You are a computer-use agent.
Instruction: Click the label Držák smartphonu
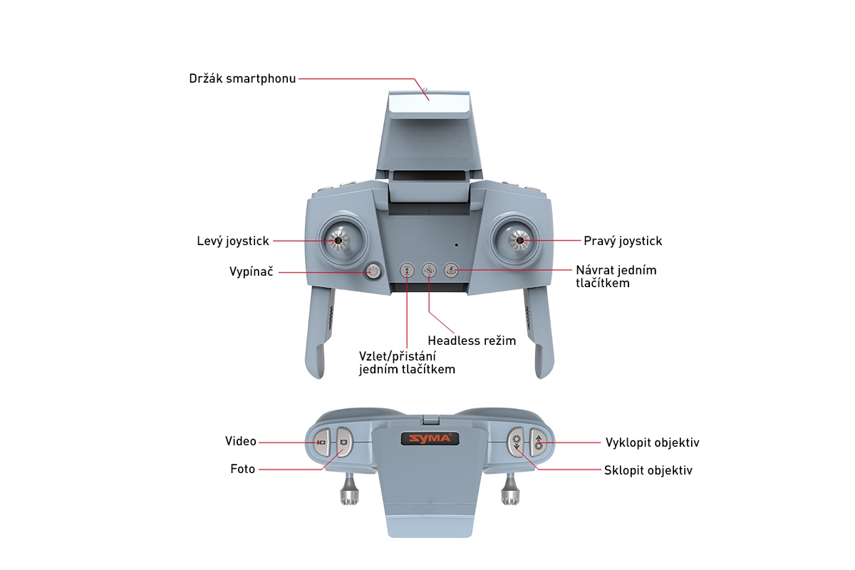point(242,78)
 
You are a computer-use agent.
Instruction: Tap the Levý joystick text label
point(233,241)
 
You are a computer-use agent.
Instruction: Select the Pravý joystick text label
point(623,241)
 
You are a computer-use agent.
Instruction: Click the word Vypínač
point(252,271)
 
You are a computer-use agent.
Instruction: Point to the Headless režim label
point(472,341)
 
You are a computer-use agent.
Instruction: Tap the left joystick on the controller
point(337,241)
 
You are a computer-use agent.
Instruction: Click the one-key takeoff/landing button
point(406,270)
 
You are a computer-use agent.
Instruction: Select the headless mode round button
point(428,270)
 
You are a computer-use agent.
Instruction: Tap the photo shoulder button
point(344,442)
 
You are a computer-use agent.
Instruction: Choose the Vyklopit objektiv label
point(652,442)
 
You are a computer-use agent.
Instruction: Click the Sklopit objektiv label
point(648,470)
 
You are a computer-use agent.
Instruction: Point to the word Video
point(240,442)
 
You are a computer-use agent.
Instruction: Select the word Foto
point(242,469)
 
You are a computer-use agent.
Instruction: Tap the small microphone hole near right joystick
point(457,244)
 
